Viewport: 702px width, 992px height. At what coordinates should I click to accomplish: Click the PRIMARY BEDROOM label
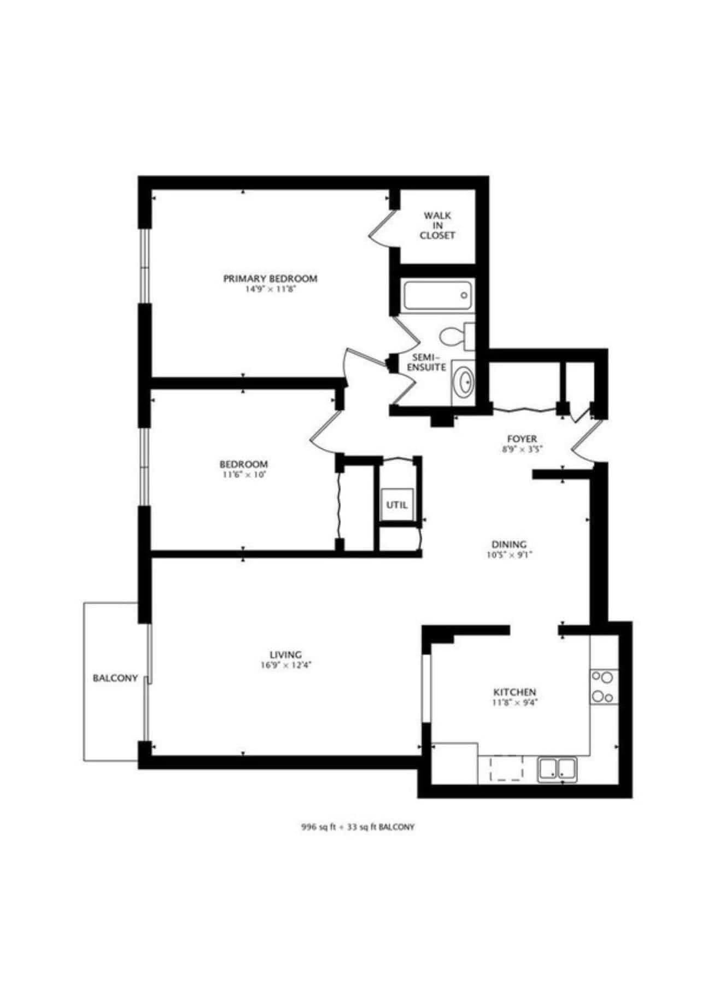pos(270,278)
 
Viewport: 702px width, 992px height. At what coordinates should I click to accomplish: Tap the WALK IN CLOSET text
pos(437,225)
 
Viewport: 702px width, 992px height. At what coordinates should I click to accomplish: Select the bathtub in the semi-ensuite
pos(438,296)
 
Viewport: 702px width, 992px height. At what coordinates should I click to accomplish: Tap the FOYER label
pos(522,439)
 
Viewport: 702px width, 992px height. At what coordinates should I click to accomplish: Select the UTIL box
pos(397,505)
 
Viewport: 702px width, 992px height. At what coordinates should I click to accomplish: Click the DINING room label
pos(509,544)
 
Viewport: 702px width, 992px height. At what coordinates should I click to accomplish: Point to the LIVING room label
pos(286,655)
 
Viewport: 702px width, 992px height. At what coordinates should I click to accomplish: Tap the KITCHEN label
pos(515,692)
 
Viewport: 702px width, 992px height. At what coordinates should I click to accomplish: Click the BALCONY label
pos(115,678)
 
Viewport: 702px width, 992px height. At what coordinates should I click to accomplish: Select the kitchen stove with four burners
pos(604,687)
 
